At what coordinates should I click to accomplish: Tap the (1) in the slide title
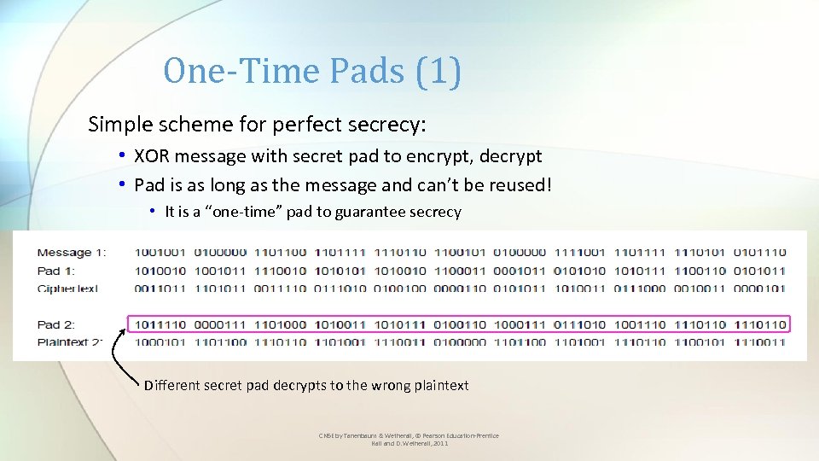[x=439, y=72]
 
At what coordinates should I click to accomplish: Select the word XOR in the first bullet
[x=153, y=156]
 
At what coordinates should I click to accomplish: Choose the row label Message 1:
[x=72, y=253]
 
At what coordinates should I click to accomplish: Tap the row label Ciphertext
[x=68, y=289]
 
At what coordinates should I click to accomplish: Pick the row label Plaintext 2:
[x=70, y=342]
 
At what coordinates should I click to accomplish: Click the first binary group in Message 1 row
[x=160, y=253]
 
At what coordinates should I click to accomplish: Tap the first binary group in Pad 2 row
[x=160, y=324]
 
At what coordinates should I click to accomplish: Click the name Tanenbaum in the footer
[x=355, y=435]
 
